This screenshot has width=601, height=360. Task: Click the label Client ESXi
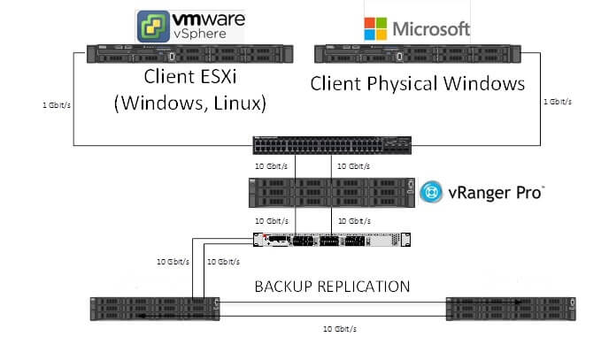(x=190, y=79)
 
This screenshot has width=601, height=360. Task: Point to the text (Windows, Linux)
(x=190, y=103)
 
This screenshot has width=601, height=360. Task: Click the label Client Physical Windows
(x=417, y=86)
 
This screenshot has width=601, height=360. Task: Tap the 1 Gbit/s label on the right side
(x=557, y=102)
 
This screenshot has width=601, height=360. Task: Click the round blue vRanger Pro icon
(x=431, y=192)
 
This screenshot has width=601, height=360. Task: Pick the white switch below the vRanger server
(x=333, y=240)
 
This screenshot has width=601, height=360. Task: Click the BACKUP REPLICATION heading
(x=332, y=287)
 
